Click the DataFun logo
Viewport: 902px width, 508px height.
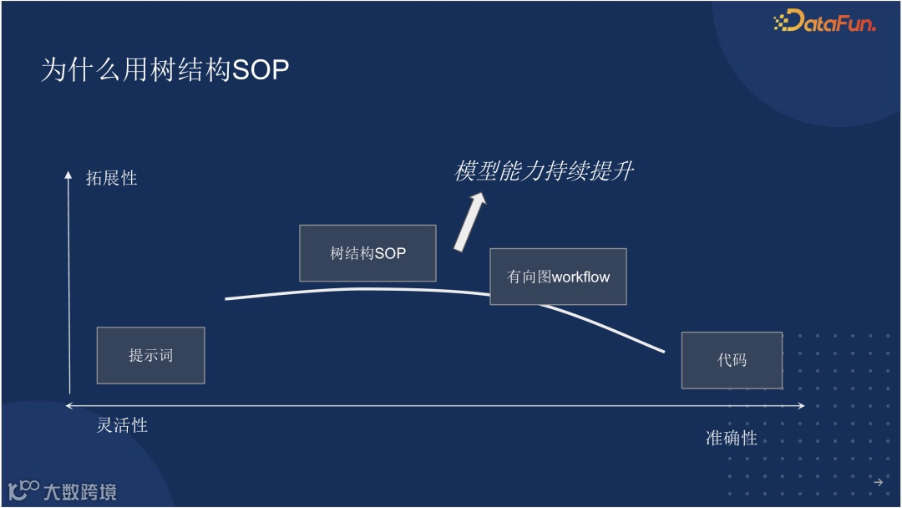(x=824, y=22)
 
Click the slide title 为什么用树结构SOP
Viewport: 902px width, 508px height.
(x=165, y=70)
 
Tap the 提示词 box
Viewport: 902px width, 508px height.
(x=150, y=355)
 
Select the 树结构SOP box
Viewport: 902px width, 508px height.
(x=367, y=253)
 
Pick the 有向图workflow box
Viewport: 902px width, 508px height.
(x=558, y=277)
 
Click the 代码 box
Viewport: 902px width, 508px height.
(x=732, y=360)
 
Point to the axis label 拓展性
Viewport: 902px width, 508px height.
(x=111, y=178)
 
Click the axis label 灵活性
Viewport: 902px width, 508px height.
(x=122, y=425)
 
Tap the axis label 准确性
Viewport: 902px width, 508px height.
(x=731, y=438)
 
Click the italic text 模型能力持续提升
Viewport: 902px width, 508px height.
(x=544, y=171)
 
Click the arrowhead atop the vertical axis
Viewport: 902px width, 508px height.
(x=69, y=174)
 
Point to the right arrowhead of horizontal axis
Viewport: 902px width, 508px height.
(x=801, y=406)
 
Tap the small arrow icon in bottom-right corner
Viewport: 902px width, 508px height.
(x=878, y=482)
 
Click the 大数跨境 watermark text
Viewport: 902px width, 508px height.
(x=80, y=491)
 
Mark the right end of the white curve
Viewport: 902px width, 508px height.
(x=664, y=352)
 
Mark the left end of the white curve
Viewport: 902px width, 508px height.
(x=226, y=298)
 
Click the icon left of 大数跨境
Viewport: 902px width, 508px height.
(x=23, y=490)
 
